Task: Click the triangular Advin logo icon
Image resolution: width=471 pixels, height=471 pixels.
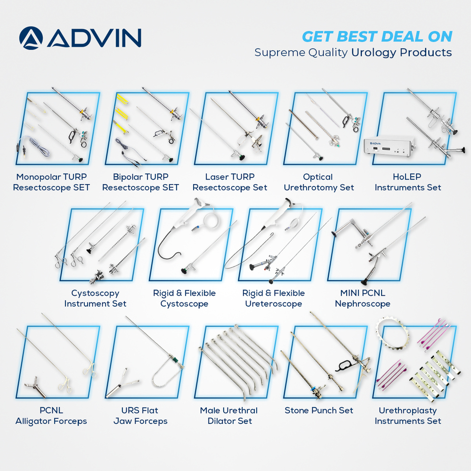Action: pos(32,38)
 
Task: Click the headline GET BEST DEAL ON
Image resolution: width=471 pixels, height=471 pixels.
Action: pos(377,36)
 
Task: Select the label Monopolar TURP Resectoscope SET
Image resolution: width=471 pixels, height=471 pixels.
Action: pos(51,182)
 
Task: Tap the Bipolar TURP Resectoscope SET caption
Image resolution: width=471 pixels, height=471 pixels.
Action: pos(140,182)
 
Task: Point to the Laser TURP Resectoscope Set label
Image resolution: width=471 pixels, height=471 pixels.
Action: pos(230,182)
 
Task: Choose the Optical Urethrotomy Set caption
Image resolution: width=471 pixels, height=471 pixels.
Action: pos(318,182)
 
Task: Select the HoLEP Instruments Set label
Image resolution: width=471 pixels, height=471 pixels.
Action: pos(408,182)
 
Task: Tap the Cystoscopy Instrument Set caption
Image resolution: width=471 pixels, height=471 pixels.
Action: pos(95,299)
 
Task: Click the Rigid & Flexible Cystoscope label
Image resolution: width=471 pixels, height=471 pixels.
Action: pos(184,299)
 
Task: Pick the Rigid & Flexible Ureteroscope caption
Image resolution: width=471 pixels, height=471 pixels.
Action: pos(274,299)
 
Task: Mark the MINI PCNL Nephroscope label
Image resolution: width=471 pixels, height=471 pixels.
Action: pos(363,299)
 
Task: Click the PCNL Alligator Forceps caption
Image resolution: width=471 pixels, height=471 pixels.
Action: pos(51,416)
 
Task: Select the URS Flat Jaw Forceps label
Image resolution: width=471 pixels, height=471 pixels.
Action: pos(140,416)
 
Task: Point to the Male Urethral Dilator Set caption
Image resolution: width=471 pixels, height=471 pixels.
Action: pos(230,416)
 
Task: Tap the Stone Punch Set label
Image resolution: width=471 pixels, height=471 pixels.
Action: pos(319,411)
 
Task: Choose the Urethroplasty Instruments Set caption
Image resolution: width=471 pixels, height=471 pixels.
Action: pos(408,416)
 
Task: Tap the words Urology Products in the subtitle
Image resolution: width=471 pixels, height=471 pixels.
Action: pos(401,52)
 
